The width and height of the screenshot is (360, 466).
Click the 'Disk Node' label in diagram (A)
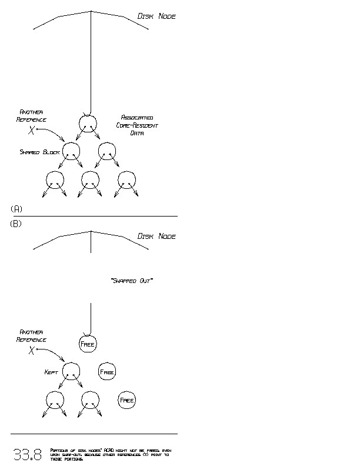[x=156, y=16]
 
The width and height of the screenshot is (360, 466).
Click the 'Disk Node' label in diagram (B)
[x=156, y=237]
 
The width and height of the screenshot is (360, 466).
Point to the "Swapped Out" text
[x=132, y=281]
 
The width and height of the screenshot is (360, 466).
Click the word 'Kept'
[x=51, y=372]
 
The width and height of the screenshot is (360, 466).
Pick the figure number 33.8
[x=28, y=454]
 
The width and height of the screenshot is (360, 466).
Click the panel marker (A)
[x=16, y=209]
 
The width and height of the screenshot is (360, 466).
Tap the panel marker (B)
[x=16, y=224]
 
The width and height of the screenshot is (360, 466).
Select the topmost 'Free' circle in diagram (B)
[x=87, y=344]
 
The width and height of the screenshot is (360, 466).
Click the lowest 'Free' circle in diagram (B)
[x=127, y=400]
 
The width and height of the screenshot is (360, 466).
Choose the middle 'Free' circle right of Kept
[x=107, y=372]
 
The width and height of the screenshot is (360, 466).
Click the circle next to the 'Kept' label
[x=71, y=371]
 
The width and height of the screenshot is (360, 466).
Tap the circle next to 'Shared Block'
[x=71, y=151]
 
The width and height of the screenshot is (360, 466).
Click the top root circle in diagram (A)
[x=87, y=122]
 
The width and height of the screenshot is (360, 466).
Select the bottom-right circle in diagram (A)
[x=127, y=179]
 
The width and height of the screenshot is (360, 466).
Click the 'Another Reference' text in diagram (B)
[x=31, y=336]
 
